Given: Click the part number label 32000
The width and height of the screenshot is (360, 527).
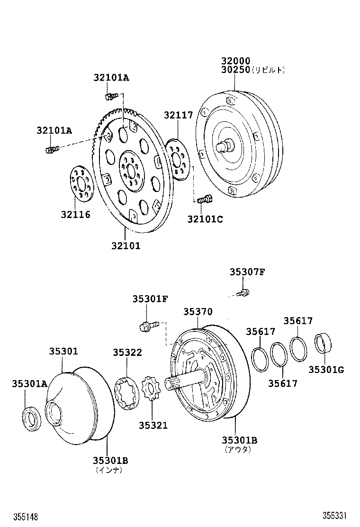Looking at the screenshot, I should coord(235,61).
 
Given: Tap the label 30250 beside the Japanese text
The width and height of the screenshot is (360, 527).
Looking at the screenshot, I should coord(235,70).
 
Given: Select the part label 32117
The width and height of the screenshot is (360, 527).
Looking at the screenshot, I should coord(179,115).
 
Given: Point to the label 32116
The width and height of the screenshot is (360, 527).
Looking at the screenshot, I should coord(75,215).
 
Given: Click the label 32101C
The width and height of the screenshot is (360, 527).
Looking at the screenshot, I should coord(205,219).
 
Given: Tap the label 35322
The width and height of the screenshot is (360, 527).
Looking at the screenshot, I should coord(127,353).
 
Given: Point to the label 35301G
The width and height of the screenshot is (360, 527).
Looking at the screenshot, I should coord(326,369).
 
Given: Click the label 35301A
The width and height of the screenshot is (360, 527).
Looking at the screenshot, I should coord(29,383).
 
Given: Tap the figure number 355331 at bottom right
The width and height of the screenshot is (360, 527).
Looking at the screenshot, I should coord(336,515).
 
